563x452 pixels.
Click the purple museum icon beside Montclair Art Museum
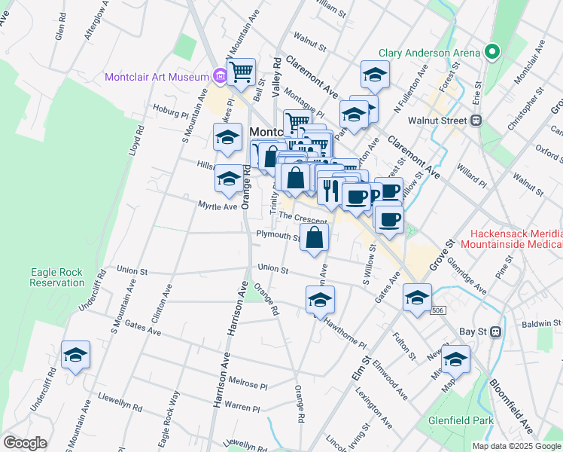coord(220,77)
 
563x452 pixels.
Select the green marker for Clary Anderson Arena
coord(492,53)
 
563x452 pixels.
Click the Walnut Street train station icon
coord(476,120)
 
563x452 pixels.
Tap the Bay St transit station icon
coord(495,331)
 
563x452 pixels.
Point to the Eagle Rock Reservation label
coord(57,277)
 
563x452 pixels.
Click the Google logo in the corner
coord(24,443)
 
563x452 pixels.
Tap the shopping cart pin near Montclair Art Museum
coord(242,73)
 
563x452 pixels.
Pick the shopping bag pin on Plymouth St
coord(315,238)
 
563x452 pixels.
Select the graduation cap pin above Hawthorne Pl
coord(321,301)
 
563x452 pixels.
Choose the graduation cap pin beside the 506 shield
coord(417,298)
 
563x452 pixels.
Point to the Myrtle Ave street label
coord(217,206)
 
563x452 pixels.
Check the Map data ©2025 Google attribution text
coord(516,446)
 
